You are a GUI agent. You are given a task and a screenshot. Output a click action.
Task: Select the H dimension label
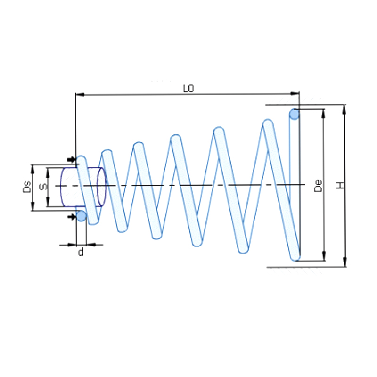click(x=339, y=186)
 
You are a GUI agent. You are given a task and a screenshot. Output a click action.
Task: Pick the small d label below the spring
click(x=81, y=253)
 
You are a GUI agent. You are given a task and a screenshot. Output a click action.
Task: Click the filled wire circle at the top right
click(x=295, y=114)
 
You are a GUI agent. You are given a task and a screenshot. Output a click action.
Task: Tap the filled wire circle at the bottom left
click(x=81, y=216)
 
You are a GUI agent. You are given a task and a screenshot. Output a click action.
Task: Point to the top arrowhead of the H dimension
click(x=345, y=108)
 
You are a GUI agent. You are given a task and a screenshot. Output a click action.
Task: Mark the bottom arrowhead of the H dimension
click(x=345, y=263)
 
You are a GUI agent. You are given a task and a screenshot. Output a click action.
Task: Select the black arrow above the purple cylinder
click(x=71, y=159)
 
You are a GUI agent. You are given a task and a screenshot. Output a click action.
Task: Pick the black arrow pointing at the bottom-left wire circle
click(x=71, y=216)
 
